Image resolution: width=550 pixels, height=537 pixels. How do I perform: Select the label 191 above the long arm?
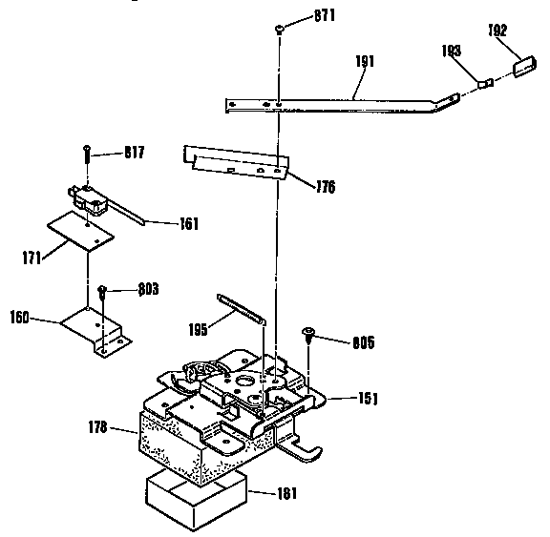364,61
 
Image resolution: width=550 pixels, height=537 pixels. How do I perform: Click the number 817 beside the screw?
133,152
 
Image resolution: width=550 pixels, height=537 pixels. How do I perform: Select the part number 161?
189,226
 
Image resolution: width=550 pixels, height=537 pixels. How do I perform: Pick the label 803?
145,288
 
